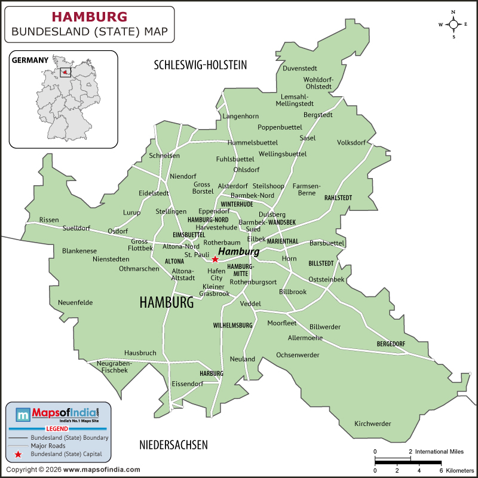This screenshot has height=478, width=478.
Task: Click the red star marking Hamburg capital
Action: [x=215, y=259]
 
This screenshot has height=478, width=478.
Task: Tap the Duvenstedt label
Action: [x=300, y=68]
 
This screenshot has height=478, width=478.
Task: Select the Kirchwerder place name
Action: [x=372, y=424]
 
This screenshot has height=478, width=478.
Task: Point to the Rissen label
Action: [x=49, y=220]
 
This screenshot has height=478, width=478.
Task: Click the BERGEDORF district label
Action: [x=391, y=344]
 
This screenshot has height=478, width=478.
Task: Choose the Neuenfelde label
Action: [x=75, y=302]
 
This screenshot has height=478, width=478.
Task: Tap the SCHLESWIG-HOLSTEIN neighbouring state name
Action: [x=200, y=65]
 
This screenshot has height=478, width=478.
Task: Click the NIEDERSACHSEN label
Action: [x=173, y=445]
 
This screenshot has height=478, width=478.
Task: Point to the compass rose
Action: [x=454, y=24]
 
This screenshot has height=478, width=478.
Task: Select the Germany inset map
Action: [x=64, y=99]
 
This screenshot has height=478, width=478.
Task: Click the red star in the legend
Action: [x=18, y=455]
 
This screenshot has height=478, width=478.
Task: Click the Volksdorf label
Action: [x=351, y=143]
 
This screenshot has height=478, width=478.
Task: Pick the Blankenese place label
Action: [x=79, y=251]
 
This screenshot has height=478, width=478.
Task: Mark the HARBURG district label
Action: [x=212, y=373]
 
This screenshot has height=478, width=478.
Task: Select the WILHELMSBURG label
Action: [x=233, y=326]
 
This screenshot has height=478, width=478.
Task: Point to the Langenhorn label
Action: [x=241, y=116]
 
